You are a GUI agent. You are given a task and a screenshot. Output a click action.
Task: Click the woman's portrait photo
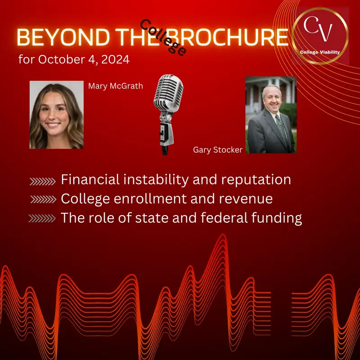click(x=57, y=115)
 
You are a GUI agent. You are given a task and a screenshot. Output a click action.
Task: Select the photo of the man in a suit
click(x=270, y=115)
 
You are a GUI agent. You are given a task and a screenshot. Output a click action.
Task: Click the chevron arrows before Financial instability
click(x=43, y=181)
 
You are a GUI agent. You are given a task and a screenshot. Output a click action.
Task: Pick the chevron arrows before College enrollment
click(x=44, y=200)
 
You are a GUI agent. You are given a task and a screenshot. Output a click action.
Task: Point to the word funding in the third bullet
click(x=278, y=218)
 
